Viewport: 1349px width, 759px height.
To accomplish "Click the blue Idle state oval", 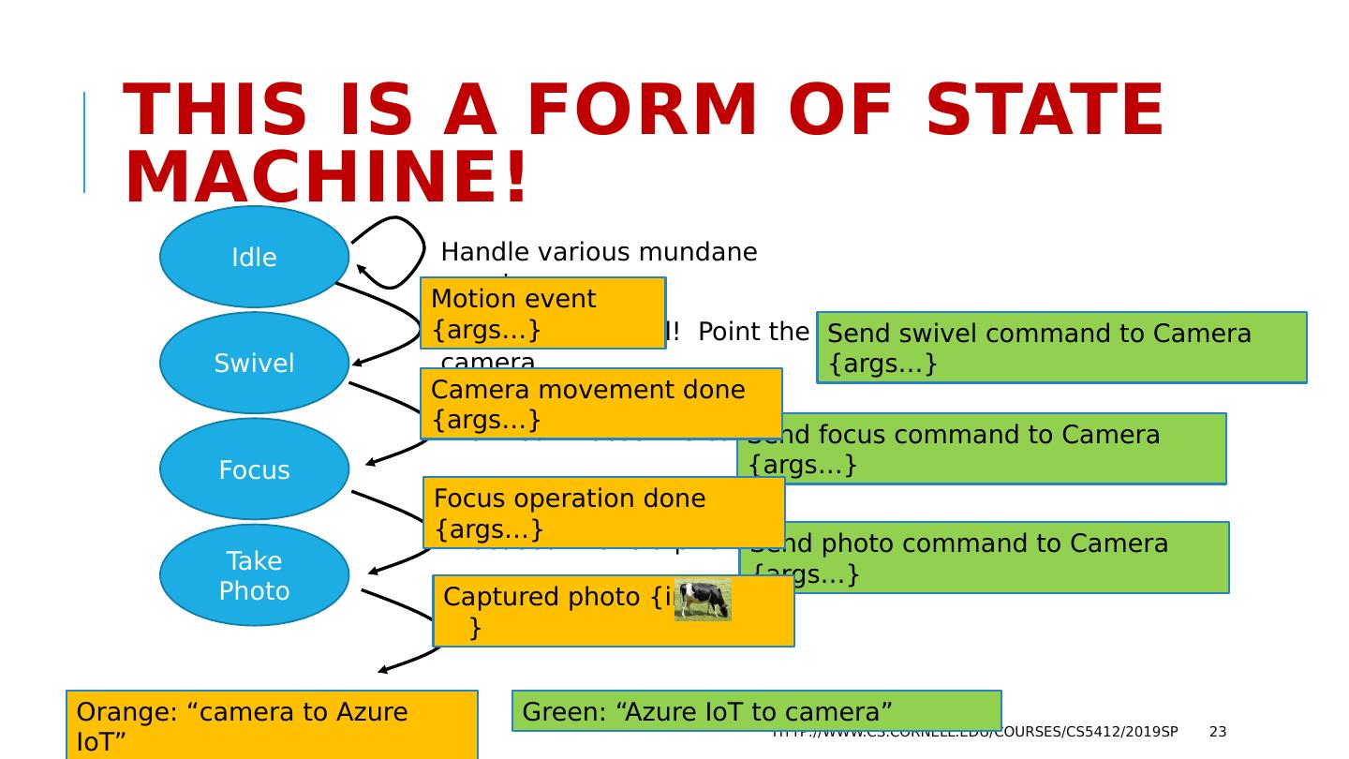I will tap(254, 257).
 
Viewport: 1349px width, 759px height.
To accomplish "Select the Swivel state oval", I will tap(254, 364).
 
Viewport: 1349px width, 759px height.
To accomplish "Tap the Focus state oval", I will tap(254, 469).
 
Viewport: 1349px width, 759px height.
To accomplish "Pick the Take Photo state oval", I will tap(254, 575).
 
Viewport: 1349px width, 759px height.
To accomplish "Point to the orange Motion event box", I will tap(542, 313).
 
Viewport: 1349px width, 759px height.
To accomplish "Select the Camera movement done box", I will tap(600, 403).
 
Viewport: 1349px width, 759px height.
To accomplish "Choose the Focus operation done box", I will tap(603, 513).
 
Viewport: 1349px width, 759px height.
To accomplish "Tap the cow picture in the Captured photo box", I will tap(703, 601).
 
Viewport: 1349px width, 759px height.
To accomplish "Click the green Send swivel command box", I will tap(1061, 348).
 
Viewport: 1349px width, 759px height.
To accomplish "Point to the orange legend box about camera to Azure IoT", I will tap(272, 724).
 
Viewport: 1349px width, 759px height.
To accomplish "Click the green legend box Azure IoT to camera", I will tap(756, 711).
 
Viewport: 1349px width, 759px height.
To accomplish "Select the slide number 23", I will tap(1218, 732).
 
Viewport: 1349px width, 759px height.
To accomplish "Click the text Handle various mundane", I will tap(599, 252).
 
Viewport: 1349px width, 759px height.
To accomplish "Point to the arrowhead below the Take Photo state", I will tap(383, 670).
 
